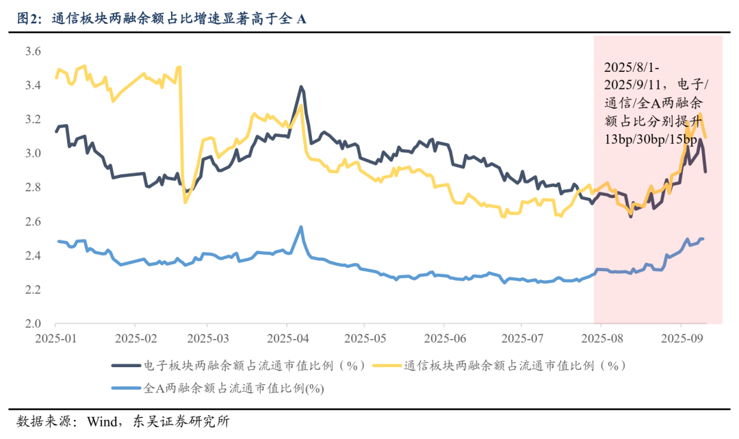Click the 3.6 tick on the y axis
pos(33,51)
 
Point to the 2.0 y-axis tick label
pos(33,324)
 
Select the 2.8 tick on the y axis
pos(33,188)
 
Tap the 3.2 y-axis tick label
pos(33,120)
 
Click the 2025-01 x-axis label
pos(57,339)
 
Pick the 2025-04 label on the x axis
pos(289,339)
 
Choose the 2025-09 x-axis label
pos(681,339)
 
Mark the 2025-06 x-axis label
pos(444,339)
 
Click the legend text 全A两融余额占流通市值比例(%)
pos(233,388)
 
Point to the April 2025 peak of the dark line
pos(301,87)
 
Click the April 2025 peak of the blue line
pos(301,227)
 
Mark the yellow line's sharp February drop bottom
pos(185,202)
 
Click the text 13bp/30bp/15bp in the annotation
pos(651,141)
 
